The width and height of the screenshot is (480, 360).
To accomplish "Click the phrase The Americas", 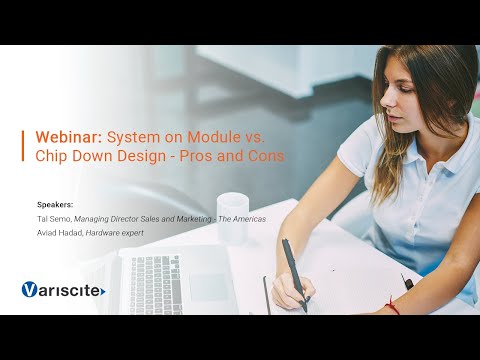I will coord(241,218).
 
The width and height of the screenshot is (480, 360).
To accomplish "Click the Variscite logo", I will coord(63,290).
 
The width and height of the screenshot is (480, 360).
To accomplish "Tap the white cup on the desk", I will coord(232,208).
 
